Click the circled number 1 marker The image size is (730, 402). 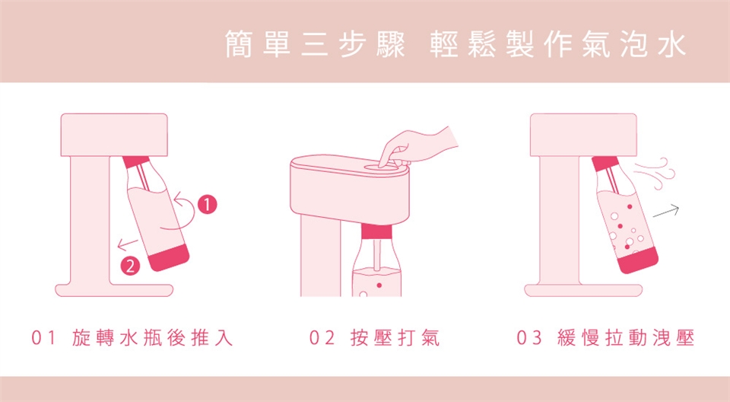click(x=206, y=204)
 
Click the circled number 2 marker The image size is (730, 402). click(x=131, y=265)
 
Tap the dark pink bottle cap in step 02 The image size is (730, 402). click(x=377, y=231)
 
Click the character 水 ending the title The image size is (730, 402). click(x=670, y=45)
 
